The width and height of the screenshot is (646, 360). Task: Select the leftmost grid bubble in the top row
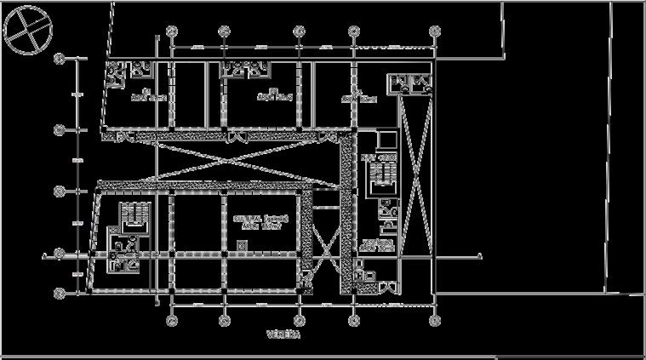coord(172,31)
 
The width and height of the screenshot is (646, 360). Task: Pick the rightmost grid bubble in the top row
coord(435,31)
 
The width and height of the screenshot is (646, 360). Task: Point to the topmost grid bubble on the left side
coord(60,59)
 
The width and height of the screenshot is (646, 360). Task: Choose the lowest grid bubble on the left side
coord(60,293)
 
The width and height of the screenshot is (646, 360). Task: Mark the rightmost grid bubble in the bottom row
coord(435,320)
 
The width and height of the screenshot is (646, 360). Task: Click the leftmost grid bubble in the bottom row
coord(172,320)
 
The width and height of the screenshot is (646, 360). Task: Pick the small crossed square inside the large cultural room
coord(243,245)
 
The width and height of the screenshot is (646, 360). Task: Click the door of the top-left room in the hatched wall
coord(114,137)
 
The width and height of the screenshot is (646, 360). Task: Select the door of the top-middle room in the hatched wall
coord(237,137)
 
